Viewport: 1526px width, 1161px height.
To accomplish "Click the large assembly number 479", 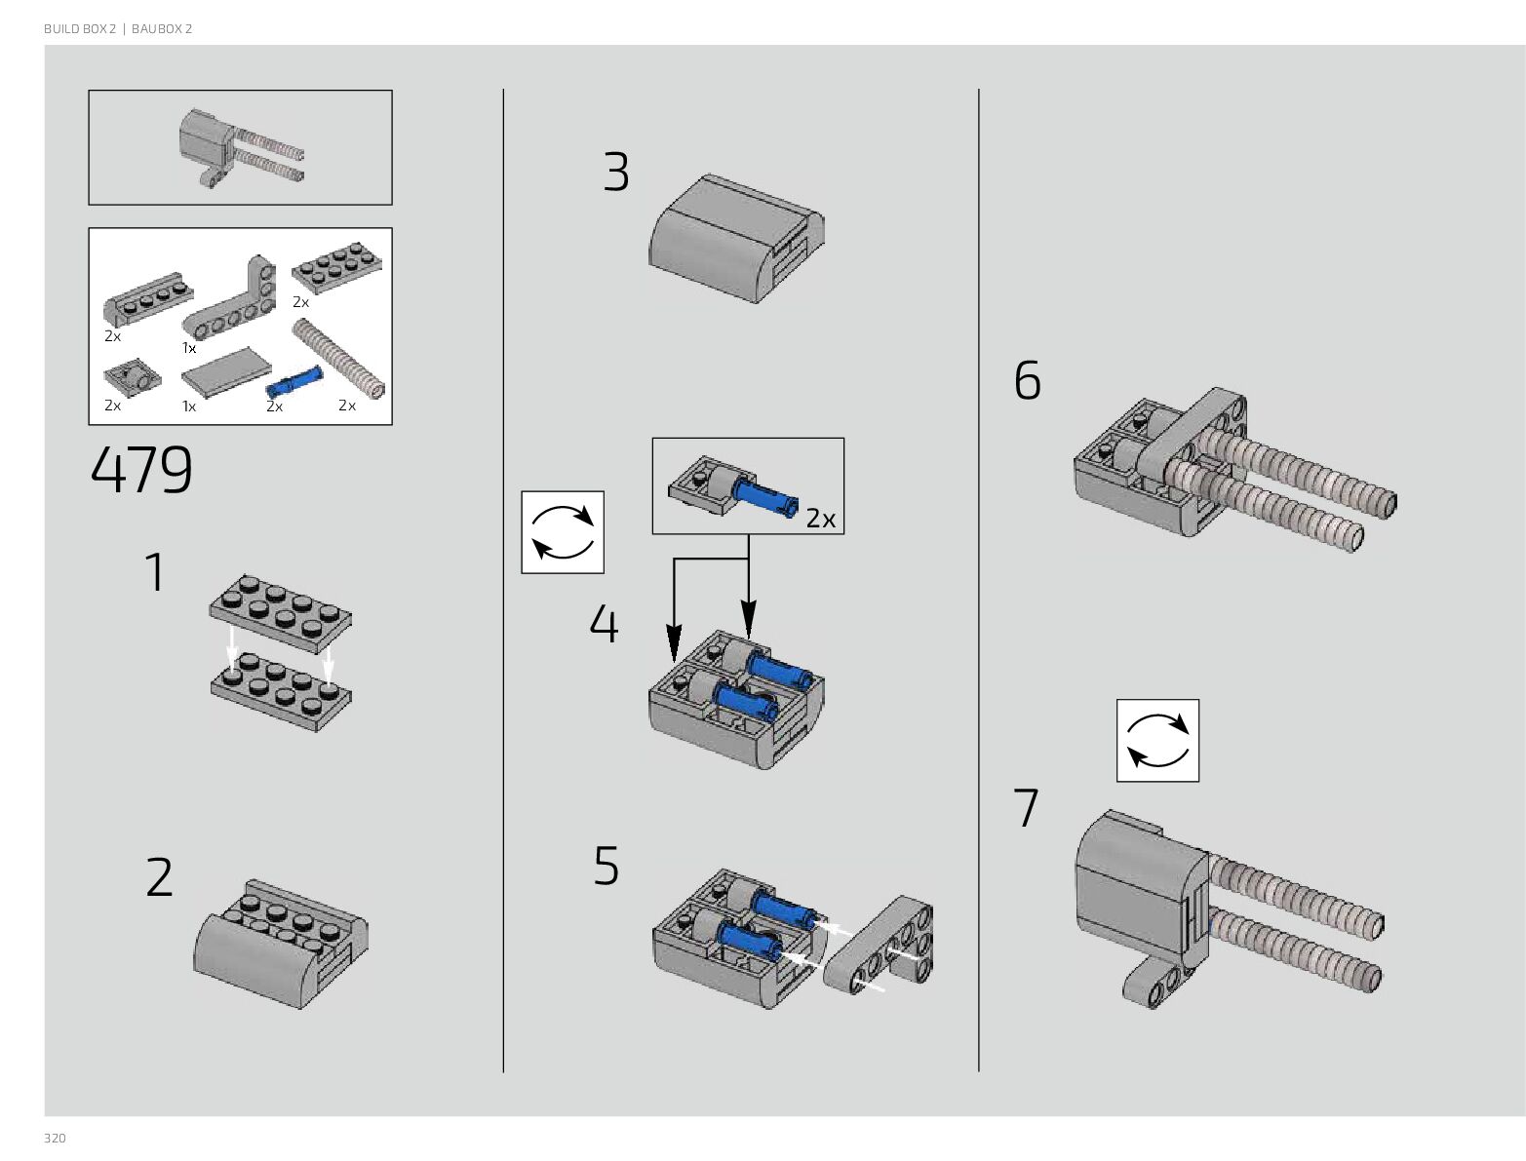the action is pos(141,470).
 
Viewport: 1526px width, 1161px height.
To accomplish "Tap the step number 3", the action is pos(616,172).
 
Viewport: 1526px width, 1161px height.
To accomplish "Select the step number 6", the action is pos(1028,380).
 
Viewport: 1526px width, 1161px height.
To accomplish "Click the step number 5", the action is pos(606,865).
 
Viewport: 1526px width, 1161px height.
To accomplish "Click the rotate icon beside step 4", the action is pos(563,532).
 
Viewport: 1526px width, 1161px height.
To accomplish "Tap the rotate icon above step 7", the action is pos(1157,741).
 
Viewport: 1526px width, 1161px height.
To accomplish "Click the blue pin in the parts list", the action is pos(294,382).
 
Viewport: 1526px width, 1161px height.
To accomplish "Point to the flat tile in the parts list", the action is pos(226,372).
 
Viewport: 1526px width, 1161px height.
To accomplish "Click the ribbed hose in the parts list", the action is pos(338,359).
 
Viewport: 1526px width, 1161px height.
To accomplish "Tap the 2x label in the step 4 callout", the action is pos(820,519).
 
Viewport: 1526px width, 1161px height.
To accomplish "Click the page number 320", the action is pos(55,1138).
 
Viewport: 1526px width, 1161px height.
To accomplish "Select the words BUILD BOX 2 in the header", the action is pos(80,28).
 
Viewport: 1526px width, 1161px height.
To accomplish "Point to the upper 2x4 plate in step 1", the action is pos(280,613).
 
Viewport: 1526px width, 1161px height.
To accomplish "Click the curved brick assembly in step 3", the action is pos(736,238).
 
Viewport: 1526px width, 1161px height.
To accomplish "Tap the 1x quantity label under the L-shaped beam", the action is pos(189,347).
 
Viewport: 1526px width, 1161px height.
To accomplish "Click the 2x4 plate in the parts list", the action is pos(336,267).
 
